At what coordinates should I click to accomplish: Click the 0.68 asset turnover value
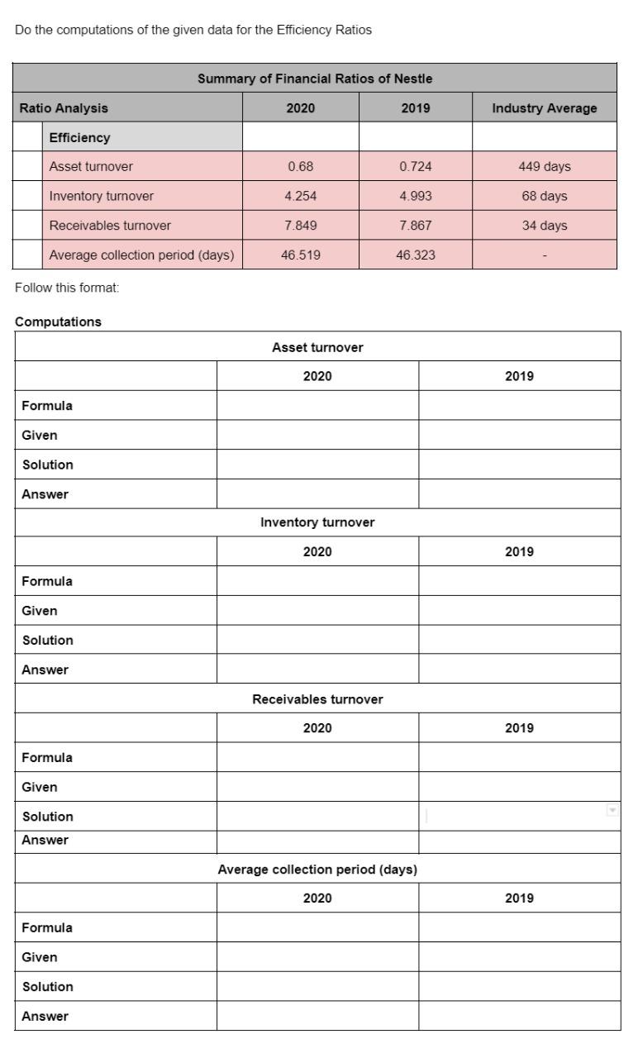point(300,166)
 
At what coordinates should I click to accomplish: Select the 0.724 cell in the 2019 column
point(415,166)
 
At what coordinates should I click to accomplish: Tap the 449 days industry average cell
point(545,166)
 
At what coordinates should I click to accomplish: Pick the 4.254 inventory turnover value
point(300,196)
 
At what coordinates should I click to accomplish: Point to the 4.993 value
point(415,196)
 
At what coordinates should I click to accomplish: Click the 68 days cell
point(545,196)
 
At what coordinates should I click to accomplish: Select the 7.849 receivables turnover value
point(300,226)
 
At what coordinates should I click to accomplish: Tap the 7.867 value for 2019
point(415,226)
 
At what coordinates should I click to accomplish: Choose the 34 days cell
point(545,226)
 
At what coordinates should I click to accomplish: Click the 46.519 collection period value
point(300,255)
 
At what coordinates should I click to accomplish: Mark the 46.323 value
point(415,255)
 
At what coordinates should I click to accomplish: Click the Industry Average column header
point(545,107)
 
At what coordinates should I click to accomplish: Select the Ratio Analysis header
point(64,107)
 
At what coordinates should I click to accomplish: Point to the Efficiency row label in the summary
point(79,137)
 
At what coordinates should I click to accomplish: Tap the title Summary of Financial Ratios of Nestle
point(315,79)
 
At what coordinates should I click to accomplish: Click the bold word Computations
point(58,322)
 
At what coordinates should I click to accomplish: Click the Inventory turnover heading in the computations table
point(317,522)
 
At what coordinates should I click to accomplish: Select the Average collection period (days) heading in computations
point(317,869)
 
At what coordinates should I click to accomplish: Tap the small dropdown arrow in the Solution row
point(612,811)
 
